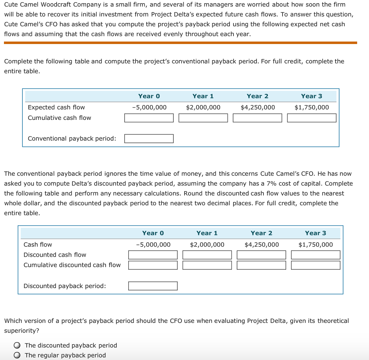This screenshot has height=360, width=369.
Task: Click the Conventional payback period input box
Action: [x=149, y=139]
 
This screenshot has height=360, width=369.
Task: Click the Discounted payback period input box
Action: [x=153, y=286]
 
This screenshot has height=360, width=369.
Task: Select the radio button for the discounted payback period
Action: [x=17, y=346]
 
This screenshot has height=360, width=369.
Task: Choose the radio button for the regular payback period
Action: [x=17, y=355]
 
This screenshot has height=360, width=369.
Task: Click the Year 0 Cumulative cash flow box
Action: [x=149, y=118]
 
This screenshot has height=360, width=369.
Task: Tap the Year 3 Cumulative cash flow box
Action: [x=312, y=118]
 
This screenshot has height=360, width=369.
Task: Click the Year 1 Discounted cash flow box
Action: [x=207, y=255]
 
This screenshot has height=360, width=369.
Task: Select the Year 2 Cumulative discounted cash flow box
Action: [x=261, y=265]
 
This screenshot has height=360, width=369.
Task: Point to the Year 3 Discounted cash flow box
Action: [x=316, y=255]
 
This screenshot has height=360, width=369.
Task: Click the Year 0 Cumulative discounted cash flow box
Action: [x=153, y=265]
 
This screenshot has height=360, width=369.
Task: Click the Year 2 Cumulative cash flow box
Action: [x=257, y=118]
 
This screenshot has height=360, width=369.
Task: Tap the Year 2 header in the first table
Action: [x=257, y=96]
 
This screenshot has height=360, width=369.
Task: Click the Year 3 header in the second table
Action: [x=315, y=233]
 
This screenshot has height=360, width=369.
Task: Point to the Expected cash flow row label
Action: [x=56, y=107]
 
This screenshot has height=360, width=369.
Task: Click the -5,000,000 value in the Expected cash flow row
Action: [x=149, y=107]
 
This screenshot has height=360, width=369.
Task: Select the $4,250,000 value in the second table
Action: [x=262, y=245]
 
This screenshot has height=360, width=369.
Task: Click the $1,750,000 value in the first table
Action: [x=312, y=107]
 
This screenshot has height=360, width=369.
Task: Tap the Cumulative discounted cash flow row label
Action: [x=72, y=265]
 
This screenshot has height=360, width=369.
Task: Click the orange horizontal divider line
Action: [x=180, y=43]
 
